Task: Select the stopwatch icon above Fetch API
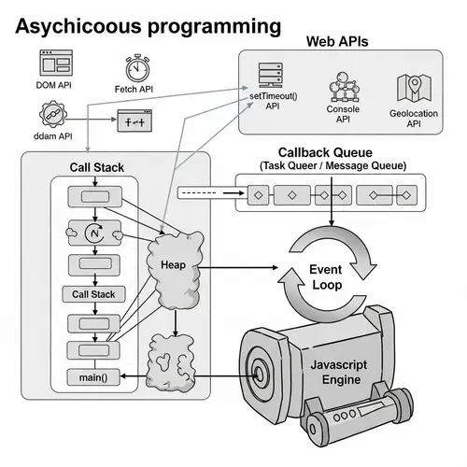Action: pos(137,68)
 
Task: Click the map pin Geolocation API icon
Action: pos(411,88)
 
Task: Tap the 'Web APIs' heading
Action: pos(338,42)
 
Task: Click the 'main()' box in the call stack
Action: pos(93,377)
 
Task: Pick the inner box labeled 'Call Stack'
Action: pos(93,294)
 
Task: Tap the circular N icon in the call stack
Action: pos(93,231)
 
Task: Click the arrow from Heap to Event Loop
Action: pos(238,267)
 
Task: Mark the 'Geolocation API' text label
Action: pos(412,120)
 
